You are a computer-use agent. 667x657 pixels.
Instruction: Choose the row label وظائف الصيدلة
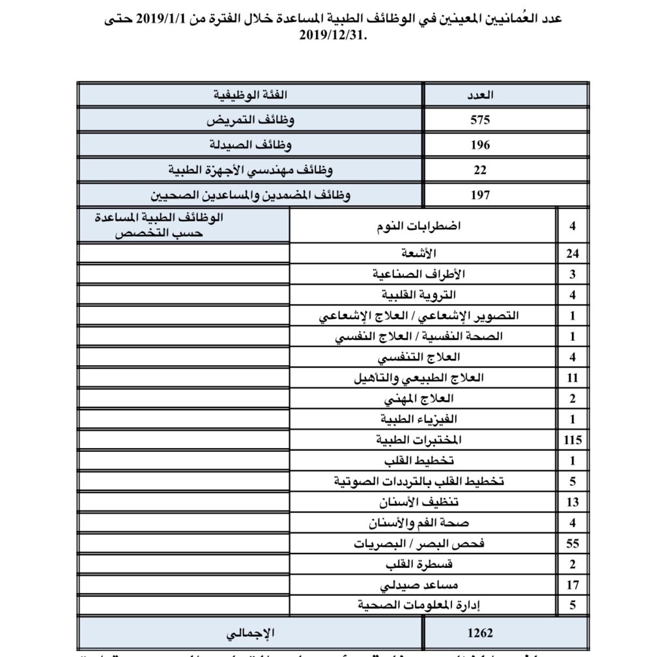pos(250,145)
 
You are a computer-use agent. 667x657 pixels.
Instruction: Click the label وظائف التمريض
pos(250,120)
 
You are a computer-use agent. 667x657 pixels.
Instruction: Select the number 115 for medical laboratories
pos(573,440)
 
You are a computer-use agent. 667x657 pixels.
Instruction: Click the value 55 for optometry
pos(573,543)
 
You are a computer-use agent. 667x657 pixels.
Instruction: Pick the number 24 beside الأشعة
pos(573,253)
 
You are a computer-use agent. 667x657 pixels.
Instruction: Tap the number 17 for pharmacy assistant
pos(573,584)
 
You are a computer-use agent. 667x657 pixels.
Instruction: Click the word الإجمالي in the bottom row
pos(251,632)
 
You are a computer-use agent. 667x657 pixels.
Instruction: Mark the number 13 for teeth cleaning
pos(573,502)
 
